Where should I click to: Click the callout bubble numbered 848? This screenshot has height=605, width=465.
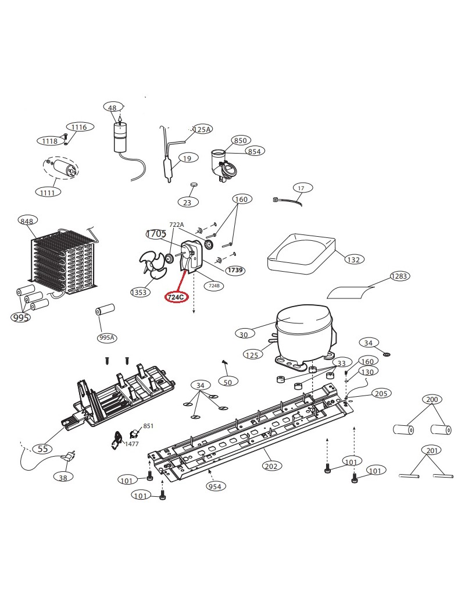pos(27,220)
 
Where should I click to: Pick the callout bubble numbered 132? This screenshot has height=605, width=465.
pos(353,259)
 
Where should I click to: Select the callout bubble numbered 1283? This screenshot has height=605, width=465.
pos(399,276)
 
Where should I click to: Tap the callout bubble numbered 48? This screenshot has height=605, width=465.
pos(112,107)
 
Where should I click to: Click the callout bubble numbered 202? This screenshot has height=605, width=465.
pos(271,465)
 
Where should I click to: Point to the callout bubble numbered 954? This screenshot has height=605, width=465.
pos(215,486)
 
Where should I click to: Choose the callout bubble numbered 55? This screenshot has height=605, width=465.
pos(42,449)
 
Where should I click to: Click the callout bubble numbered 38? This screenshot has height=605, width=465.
pos(63,477)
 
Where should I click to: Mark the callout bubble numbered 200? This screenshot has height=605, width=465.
pos(432,400)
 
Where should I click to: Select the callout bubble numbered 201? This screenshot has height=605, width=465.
pos(432,450)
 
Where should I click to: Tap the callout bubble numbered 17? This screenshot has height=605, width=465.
pos(301,188)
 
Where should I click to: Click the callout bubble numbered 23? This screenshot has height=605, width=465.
pos(187,202)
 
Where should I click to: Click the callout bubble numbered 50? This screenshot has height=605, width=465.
pos(228,382)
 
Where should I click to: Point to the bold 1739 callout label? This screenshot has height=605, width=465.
pos(235,270)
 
